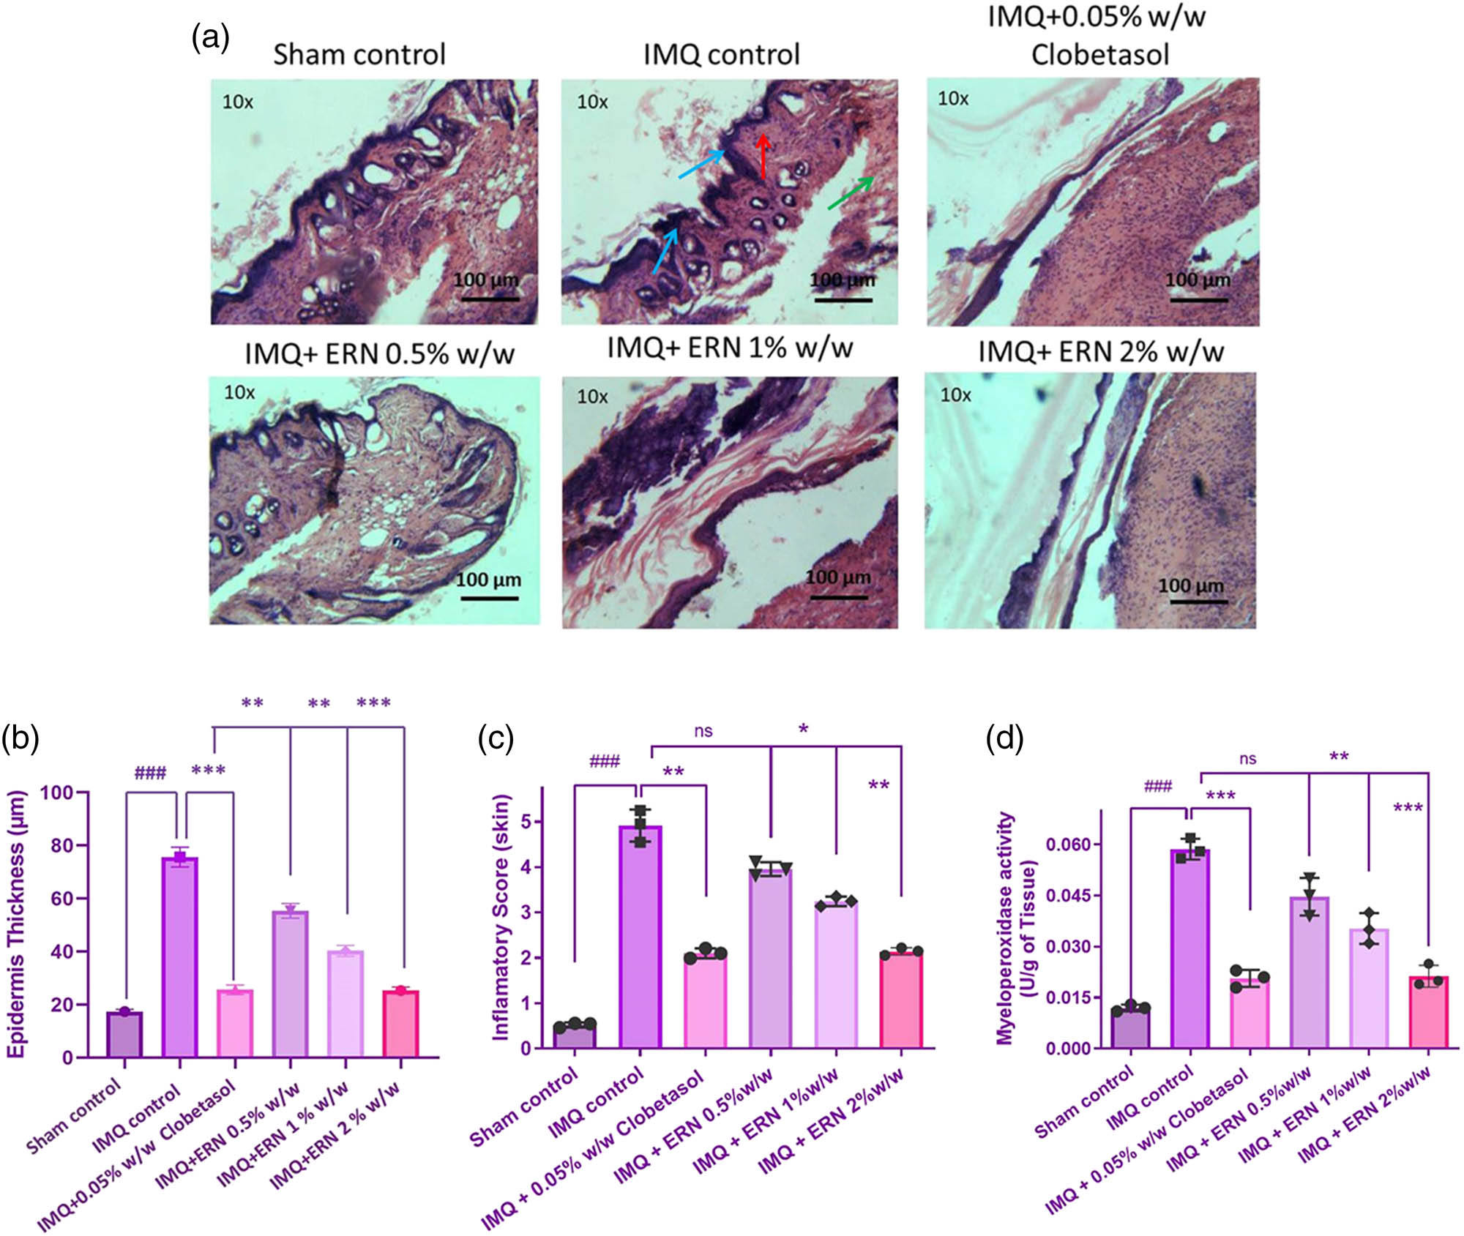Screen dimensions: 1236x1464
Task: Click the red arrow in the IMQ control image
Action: (763, 156)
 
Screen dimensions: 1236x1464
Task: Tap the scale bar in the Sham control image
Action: (490, 298)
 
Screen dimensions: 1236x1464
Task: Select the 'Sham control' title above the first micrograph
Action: (359, 55)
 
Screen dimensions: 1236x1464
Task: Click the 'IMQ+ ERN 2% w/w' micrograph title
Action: (1100, 352)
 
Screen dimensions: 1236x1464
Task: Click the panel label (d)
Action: (1004, 738)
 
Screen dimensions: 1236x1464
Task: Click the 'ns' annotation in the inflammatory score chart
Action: (703, 731)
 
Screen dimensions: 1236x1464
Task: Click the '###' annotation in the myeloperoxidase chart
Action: (1157, 787)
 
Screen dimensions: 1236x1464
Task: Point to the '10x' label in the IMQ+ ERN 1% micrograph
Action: (592, 397)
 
